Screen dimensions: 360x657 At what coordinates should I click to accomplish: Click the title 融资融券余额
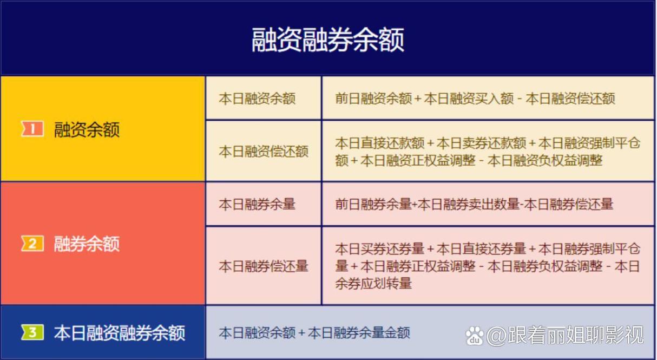[328, 40]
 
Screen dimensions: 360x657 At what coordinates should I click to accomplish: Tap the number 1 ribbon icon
[32, 129]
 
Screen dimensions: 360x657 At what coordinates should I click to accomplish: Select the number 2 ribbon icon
[32, 244]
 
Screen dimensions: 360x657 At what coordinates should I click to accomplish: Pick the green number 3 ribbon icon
[32, 332]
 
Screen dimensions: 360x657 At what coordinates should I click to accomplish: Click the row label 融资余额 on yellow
[87, 129]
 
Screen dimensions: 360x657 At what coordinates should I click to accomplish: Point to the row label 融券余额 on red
[87, 244]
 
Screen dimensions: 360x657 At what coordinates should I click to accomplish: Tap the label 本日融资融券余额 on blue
[119, 332]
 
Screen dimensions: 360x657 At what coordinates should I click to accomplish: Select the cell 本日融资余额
[257, 99]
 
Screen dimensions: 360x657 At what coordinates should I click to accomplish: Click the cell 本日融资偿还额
[263, 151]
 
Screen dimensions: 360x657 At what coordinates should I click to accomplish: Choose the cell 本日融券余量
[257, 204]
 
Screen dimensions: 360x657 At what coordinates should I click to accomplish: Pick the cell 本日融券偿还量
[263, 266]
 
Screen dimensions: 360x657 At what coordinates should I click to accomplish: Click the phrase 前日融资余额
[373, 99]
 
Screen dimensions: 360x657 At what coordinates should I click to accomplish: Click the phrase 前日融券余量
[373, 204]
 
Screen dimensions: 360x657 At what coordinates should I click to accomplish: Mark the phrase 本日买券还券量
[379, 249]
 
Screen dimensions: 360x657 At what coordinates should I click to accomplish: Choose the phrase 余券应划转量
[373, 283]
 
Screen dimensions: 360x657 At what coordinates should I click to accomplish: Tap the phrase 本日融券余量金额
[359, 332]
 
